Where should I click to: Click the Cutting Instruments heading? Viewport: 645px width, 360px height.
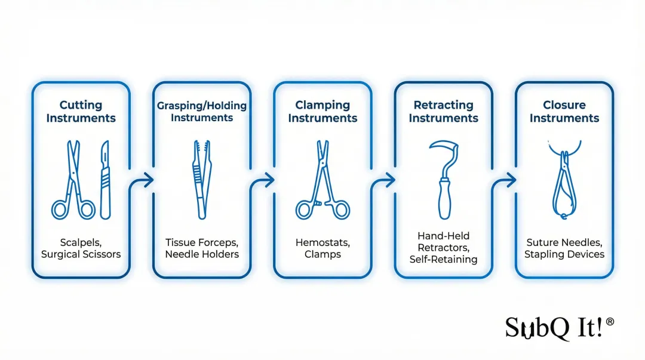pos(81,112)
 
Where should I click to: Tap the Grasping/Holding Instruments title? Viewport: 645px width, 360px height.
pos(202,112)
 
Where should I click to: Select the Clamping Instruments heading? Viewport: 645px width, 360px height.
pos(322,112)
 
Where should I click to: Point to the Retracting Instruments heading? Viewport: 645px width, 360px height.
pos(443,112)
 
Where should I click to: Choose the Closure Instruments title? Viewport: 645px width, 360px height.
pos(564,112)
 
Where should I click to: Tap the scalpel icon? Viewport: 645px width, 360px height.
pos(106,180)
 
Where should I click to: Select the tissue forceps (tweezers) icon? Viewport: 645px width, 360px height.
pos(201,180)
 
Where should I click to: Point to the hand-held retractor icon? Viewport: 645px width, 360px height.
pos(444,180)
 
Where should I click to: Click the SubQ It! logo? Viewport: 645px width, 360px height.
pos(559,327)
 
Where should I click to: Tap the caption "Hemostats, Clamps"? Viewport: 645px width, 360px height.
pos(322,248)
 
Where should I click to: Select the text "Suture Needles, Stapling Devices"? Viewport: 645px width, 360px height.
pos(564,248)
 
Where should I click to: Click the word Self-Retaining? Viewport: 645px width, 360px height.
pos(443,259)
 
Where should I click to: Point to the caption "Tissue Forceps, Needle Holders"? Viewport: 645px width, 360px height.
pos(202,248)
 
